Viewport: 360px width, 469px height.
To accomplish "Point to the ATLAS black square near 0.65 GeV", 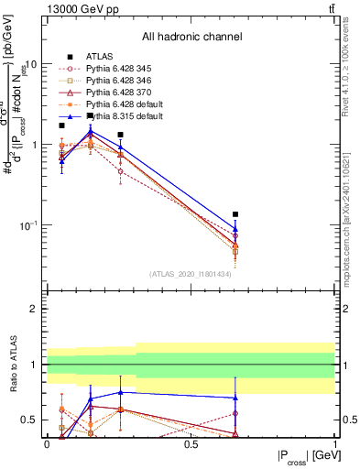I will click(235, 214).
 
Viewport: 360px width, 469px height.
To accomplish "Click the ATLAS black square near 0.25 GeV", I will click(120, 135).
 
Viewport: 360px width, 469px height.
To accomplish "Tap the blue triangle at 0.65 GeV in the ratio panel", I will click(235, 398).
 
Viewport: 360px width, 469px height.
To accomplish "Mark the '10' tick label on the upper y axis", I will click(31, 65).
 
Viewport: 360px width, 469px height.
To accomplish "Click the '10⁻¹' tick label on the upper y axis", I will click(28, 225).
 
